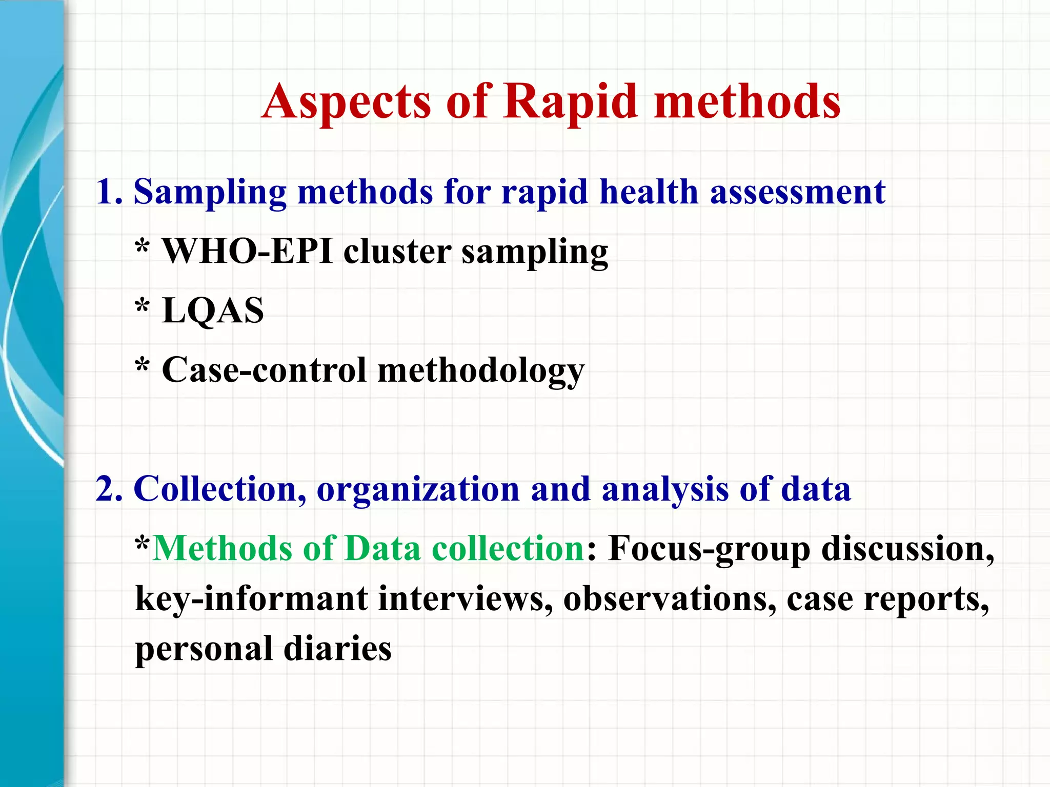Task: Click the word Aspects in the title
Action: (346, 102)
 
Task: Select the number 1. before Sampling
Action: (109, 192)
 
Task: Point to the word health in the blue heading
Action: (649, 192)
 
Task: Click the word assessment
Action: (798, 192)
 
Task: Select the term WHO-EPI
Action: (247, 252)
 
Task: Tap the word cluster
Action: (397, 252)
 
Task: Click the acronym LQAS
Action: (213, 311)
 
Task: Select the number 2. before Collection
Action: (109, 489)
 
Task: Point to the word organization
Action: (418, 490)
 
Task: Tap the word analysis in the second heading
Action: (665, 490)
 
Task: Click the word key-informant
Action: (251, 599)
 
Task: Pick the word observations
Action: (670, 598)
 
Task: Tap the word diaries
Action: (337, 648)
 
